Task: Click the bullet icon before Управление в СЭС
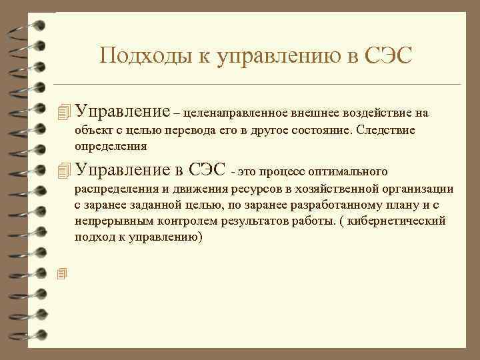(x=64, y=170)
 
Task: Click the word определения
(x=111, y=145)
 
